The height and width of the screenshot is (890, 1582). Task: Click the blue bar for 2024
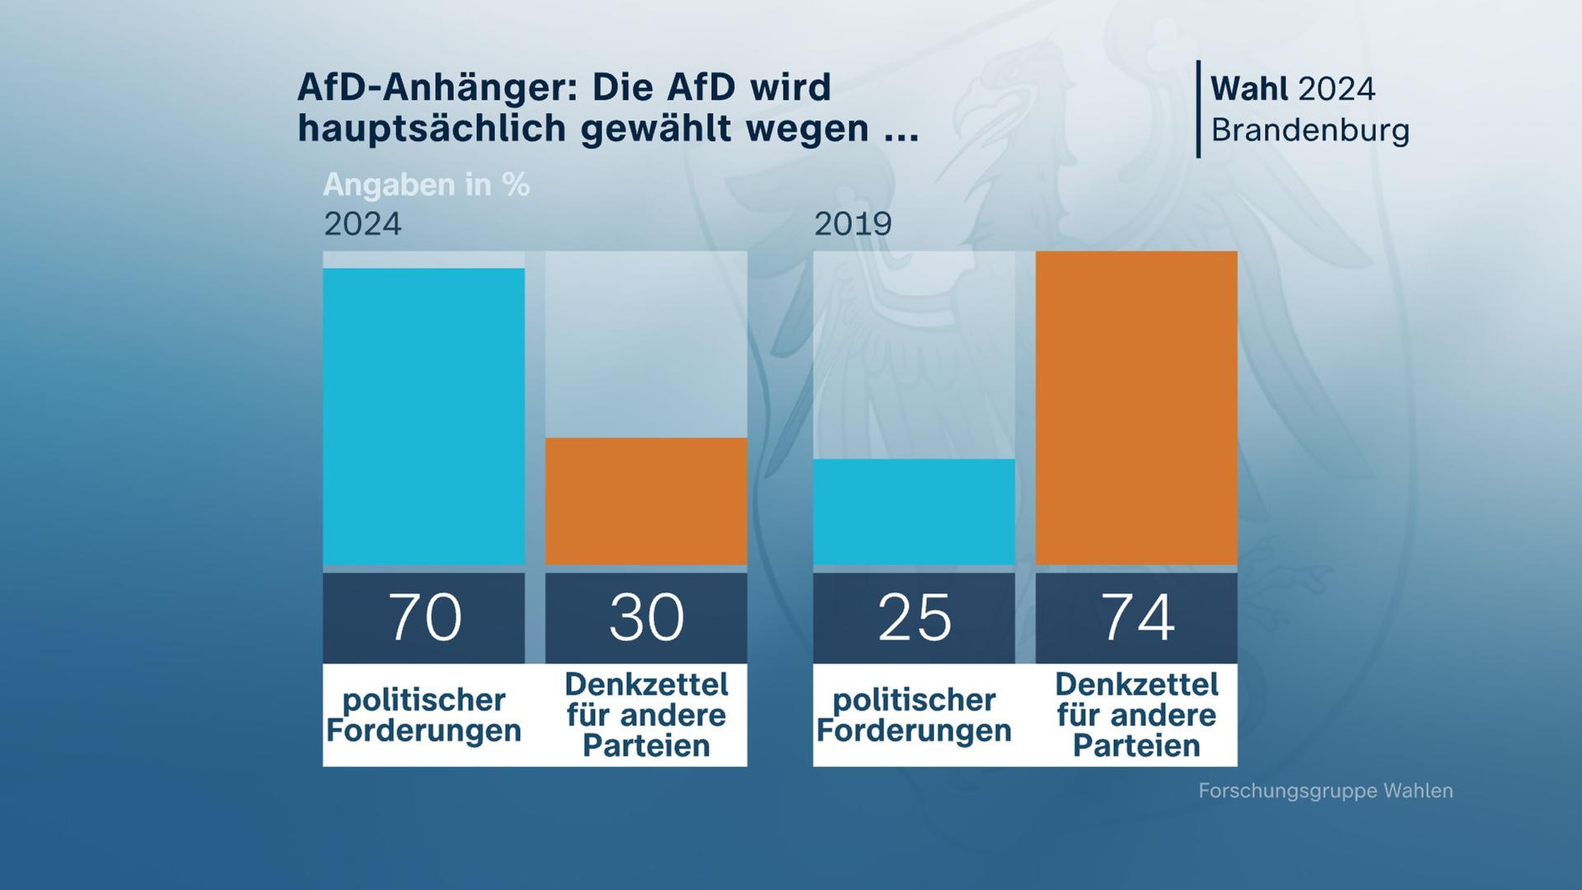(x=424, y=416)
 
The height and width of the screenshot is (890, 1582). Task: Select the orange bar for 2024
(x=646, y=501)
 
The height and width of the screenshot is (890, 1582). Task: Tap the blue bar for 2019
(x=914, y=512)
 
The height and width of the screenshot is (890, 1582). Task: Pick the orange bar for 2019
(x=1136, y=408)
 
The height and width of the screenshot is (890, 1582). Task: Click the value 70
(x=424, y=617)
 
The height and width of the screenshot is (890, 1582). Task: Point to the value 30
(x=646, y=617)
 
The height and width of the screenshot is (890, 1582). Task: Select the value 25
(x=914, y=617)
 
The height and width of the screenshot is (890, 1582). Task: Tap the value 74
(x=1136, y=617)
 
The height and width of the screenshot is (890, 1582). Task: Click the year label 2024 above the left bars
(x=363, y=224)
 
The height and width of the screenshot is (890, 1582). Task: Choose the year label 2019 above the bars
(x=853, y=224)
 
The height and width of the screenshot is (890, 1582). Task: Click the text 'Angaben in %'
(x=426, y=185)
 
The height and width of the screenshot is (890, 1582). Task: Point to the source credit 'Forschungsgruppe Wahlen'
(x=1325, y=791)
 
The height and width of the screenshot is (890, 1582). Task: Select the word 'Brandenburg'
(x=1310, y=130)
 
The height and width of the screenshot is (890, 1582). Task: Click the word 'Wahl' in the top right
(x=1249, y=89)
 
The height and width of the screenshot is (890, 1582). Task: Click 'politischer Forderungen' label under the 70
(x=424, y=715)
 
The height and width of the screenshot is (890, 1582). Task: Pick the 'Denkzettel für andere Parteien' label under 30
(x=646, y=715)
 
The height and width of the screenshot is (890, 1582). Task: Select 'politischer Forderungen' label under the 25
(x=914, y=715)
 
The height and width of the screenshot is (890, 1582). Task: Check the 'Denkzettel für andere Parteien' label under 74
(x=1136, y=715)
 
